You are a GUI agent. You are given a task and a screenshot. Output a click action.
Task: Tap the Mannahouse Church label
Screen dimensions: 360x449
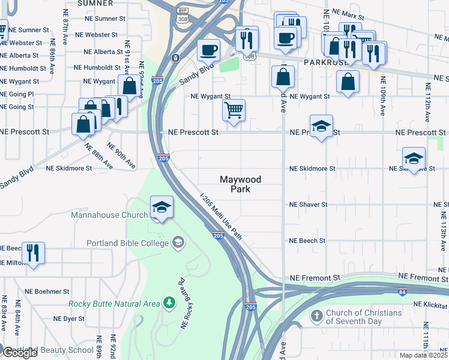coord(109,215)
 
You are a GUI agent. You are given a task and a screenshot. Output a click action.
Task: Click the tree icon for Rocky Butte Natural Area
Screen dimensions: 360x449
coord(170,304)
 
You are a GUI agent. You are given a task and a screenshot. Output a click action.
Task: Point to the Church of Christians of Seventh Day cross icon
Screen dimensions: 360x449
coord(316,315)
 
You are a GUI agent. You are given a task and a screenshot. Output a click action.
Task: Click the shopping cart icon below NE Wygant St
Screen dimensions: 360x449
coord(234,110)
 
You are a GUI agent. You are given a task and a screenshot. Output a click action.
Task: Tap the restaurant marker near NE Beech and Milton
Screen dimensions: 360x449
coord(33,252)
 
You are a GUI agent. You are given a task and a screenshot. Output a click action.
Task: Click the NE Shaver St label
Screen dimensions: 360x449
coord(308,205)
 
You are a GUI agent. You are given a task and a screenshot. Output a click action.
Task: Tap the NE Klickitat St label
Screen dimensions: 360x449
coord(432,304)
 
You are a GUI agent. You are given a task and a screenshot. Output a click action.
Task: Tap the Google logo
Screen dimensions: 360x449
coord(20,353)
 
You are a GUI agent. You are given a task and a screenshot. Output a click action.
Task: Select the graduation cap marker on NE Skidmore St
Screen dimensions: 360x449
coord(414,159)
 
